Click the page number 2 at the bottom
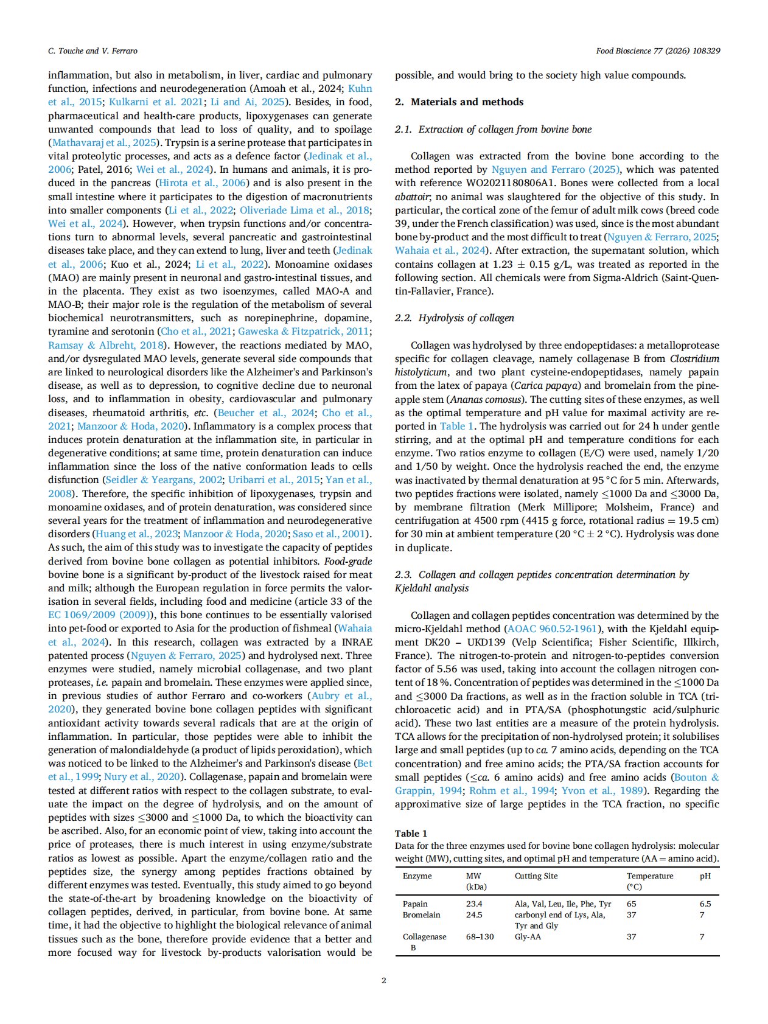[x=383, y=980]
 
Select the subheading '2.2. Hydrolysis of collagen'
[x=454, y=318]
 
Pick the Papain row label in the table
[x=415, y=904]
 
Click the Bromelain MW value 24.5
[x=474, y=914]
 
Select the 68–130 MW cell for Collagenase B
[x=480, y=936]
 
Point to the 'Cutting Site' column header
[x=536, y=876]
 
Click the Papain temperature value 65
[x=632, y=904]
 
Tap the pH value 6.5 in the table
[x=705, y=904]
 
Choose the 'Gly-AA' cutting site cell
[x=528, y=936]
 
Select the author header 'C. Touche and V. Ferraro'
[x=93, y=51]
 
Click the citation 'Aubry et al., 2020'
[x=341, y=696]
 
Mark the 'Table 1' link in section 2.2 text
[x=452, y=426]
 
